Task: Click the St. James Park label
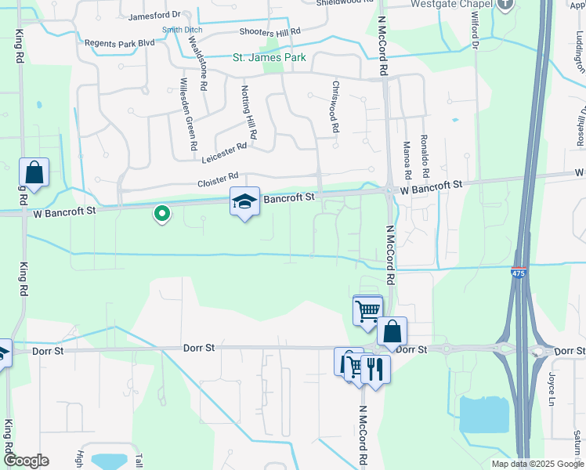tap(269, 57)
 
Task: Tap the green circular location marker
tap(162, 212)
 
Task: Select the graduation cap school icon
tap(244, 202)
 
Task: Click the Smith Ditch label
tap(182, 30)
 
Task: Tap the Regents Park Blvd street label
tap(120, 42)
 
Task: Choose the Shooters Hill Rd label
tap(269, 33)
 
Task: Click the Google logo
tap(25, 461)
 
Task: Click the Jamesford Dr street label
tap(154, 15)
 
